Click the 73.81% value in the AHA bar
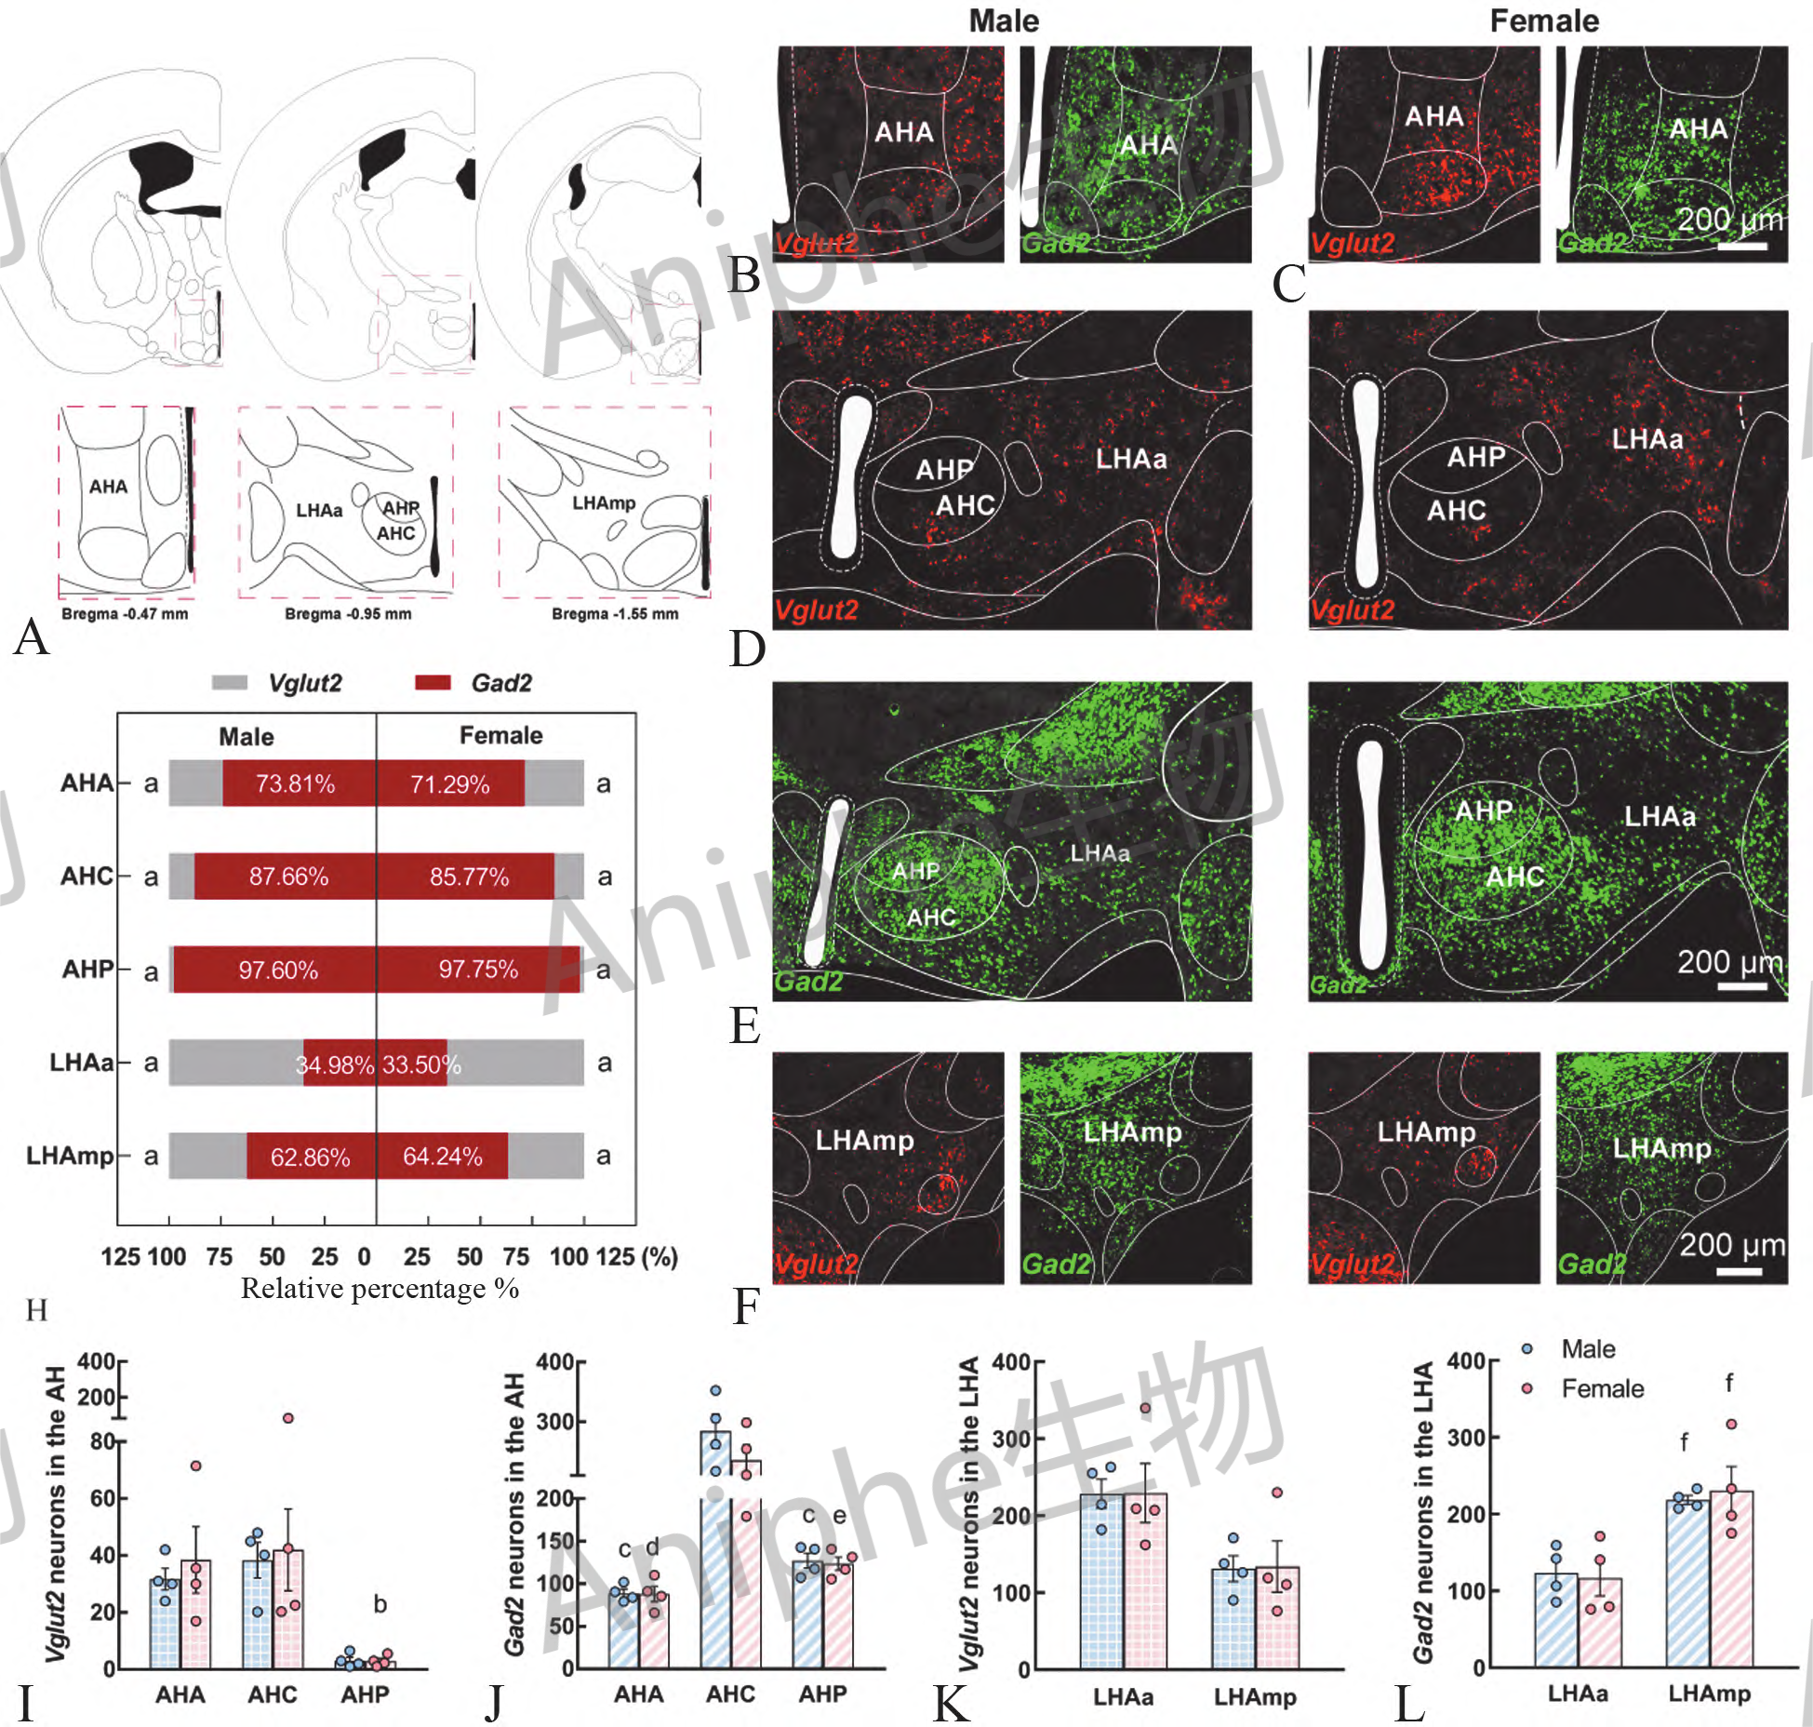[295, 783]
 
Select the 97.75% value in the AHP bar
[478, 970]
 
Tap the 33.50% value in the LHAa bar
[421, 1064]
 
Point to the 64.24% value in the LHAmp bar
[443, 1157]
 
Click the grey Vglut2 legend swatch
[230, 683]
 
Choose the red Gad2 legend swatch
[433, 683]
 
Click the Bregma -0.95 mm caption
[348, 614]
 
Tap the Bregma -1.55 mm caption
[615, 614]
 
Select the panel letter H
[36, 1310]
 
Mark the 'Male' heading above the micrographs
[1004, 20]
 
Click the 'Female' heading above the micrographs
[1544, 20]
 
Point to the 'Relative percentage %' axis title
[380, 1289]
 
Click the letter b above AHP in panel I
[380, 1604]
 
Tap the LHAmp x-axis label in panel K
[1255, 1697]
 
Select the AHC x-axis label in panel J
[730, 1694]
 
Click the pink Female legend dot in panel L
[1526, 1388]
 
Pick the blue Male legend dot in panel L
[1526, 1348]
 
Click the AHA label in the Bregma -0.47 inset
[108, 487]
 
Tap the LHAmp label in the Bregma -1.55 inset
[604, 503]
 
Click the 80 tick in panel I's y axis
[101, 1441]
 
